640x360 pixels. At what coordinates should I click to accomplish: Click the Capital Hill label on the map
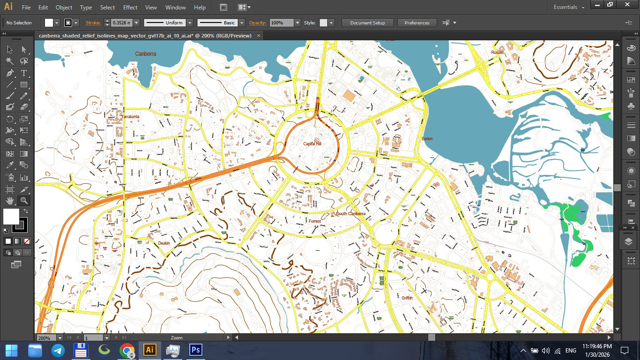[x=312, y=143]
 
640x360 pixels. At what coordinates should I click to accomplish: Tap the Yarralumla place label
[x=131, y=116]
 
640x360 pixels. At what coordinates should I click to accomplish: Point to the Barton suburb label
[x=427, y=139]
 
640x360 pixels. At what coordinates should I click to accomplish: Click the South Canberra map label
[x=350, y=214]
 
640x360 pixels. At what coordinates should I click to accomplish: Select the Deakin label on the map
[x=164, y=243]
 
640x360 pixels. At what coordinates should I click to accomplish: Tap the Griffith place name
[x=407, y=298]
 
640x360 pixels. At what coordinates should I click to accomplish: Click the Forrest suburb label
[x=315, y=221]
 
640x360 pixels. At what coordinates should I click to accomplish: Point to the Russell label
[x=497, y=52]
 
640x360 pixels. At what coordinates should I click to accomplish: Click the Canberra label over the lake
[x=146, y=54]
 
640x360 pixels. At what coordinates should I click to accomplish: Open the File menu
[x=26, y=7]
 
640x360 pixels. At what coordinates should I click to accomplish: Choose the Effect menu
[x=130, y=7]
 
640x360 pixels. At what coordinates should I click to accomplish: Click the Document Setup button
[x=367, y=22]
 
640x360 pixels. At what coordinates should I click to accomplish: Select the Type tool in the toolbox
[x=24, y=73]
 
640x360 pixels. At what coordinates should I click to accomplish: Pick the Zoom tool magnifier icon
[x=24, y=201]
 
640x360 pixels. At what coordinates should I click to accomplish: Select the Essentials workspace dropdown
[x=569, y=7]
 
